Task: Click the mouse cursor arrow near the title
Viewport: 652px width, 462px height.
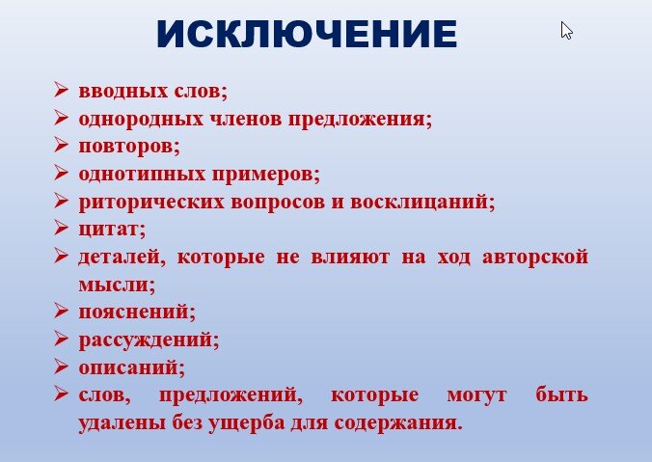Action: pos(566,31)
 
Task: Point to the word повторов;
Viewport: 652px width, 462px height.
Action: pos(128,148)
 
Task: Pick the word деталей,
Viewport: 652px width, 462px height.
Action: pos(116,258)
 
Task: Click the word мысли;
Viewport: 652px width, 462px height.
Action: pos(117,285)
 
